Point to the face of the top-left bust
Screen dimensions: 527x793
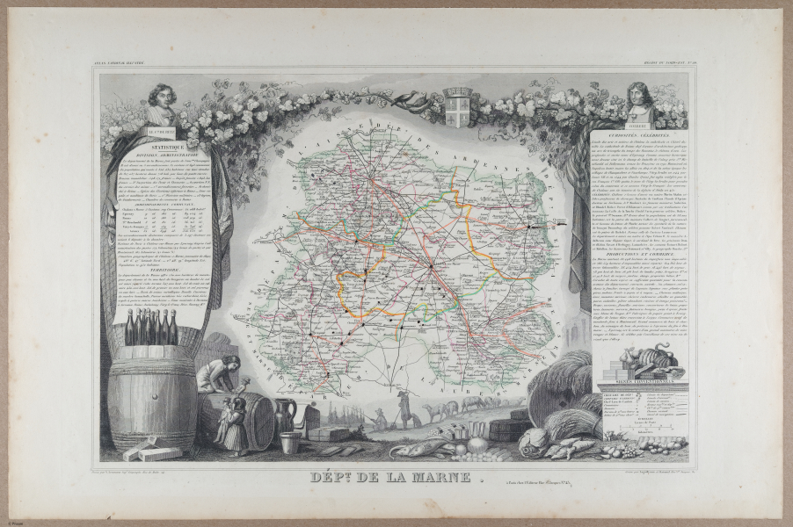pos(162,95)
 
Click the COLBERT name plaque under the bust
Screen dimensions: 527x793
pos(640,124)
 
